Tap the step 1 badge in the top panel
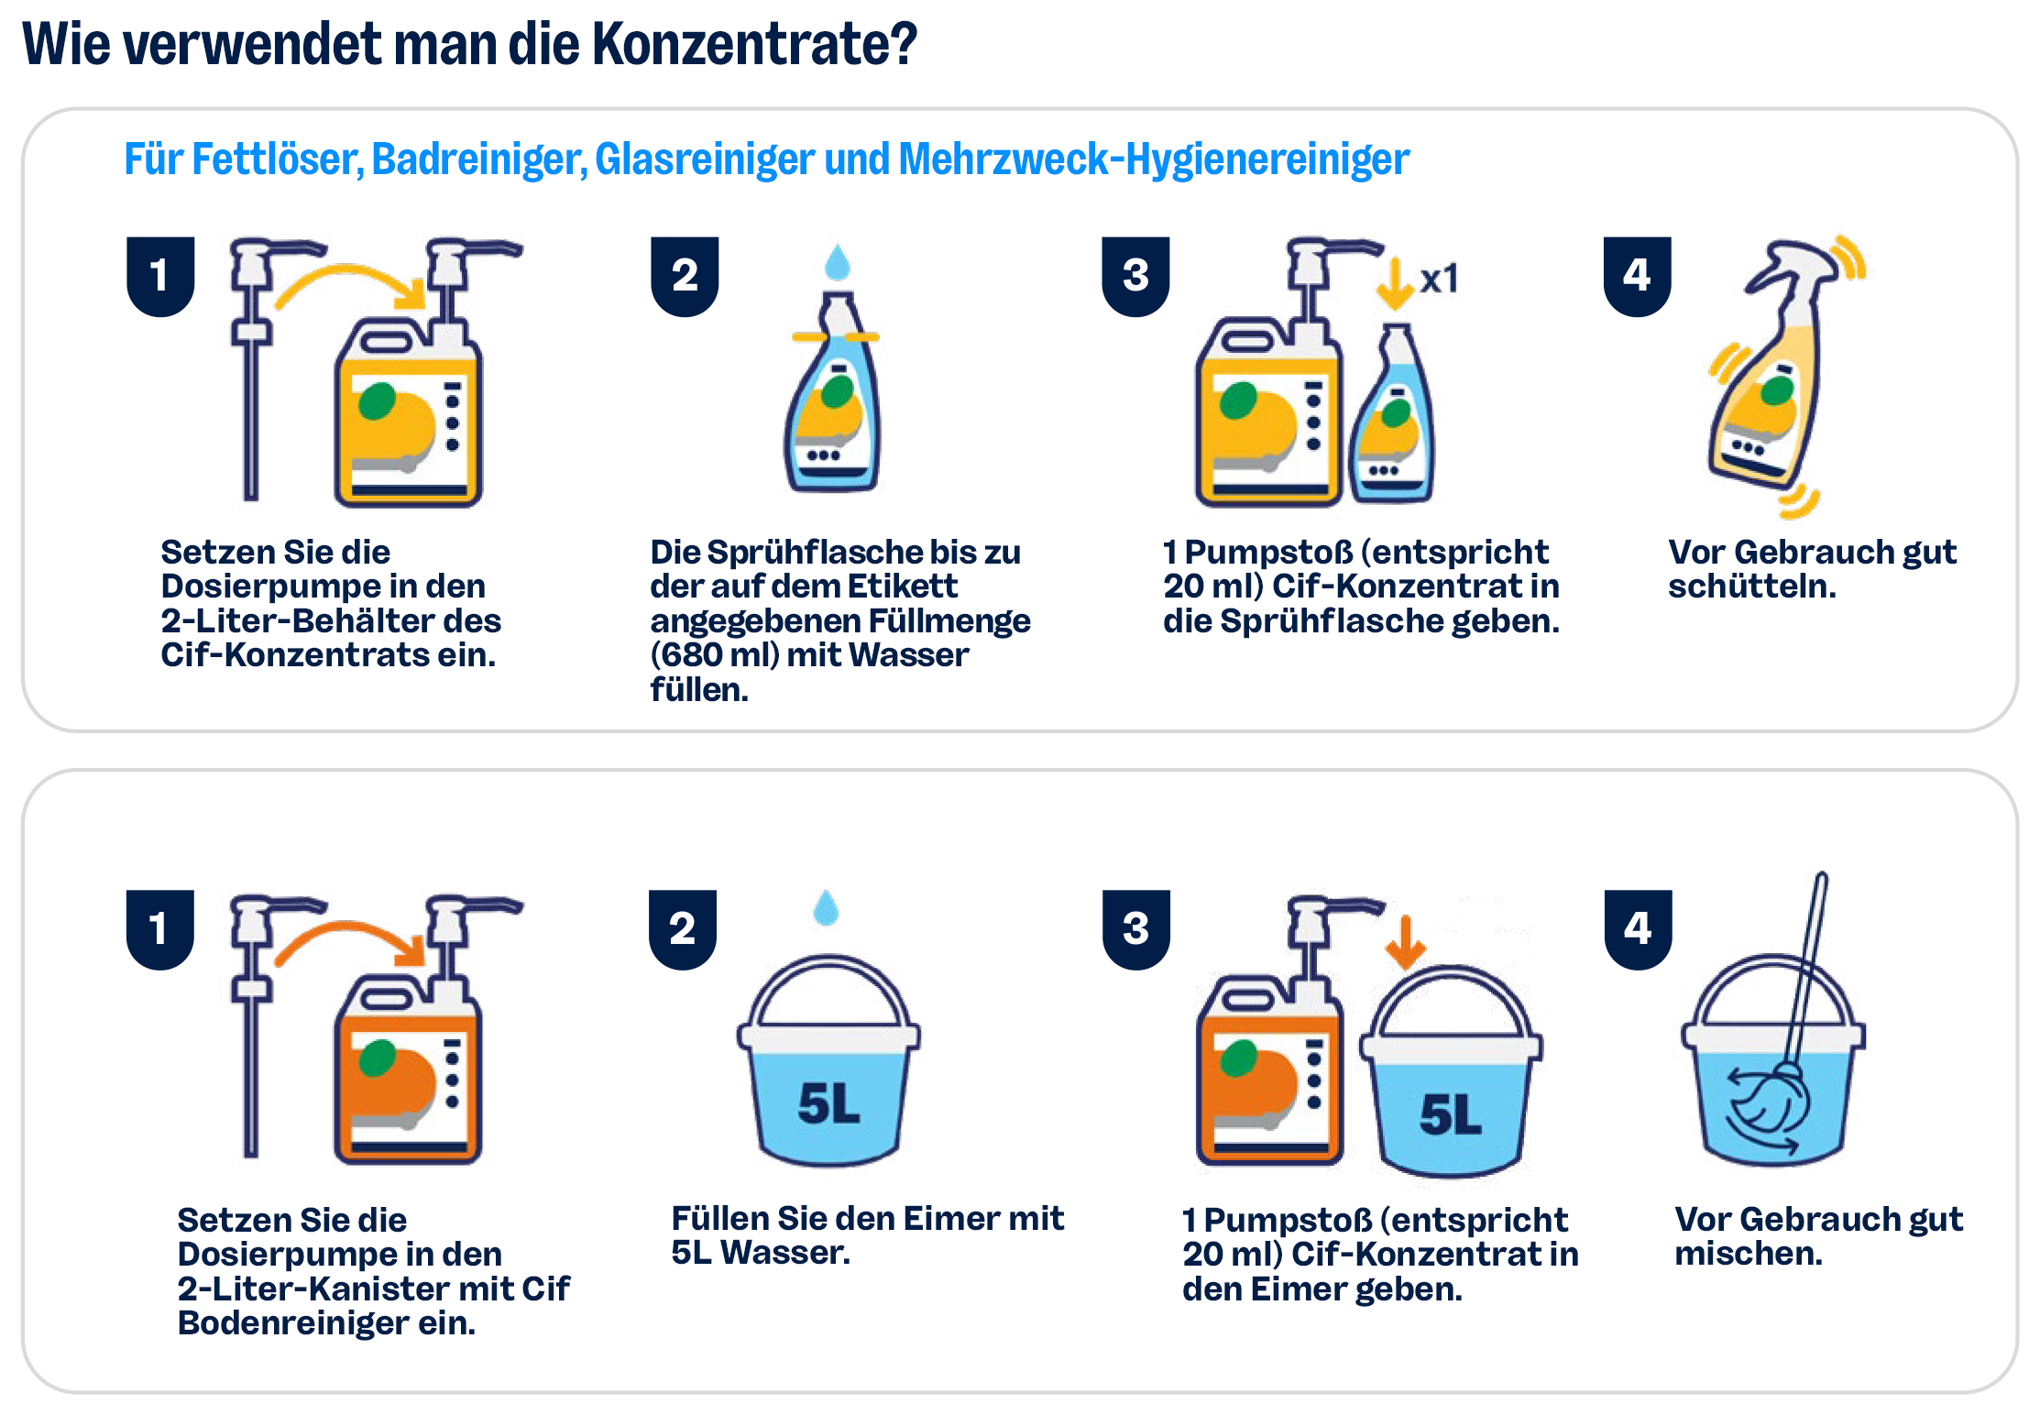coord(160,276)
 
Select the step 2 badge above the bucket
coord(683,928)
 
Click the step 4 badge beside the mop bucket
coord(1638,928)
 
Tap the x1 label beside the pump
coord(1439,279)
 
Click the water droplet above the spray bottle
coord(837,262)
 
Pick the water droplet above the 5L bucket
coord(826,907)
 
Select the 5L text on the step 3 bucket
coord(1450,1114)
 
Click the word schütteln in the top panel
coord(1751,587)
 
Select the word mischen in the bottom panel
coord(1748,1254)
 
